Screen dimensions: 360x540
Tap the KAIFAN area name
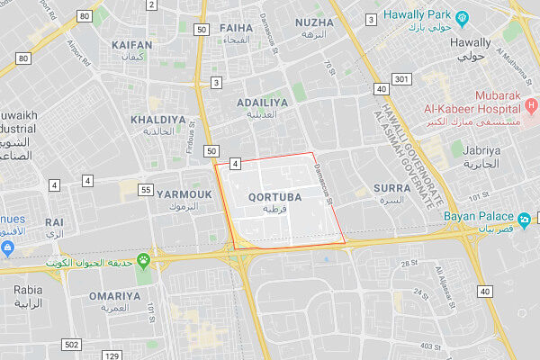coord(131,43)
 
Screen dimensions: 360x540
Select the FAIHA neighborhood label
coord(236,28)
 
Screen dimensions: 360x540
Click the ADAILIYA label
coord(262,103)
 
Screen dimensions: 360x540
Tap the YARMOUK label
coord(184,193)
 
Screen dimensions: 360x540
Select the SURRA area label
coord(391,189)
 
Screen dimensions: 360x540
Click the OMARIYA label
coord(114,295)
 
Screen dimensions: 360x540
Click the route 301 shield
coord(401,79)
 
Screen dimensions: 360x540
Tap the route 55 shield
coord(146,189)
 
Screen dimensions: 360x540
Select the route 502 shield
coord(72,345)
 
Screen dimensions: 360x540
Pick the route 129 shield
coord(112,356)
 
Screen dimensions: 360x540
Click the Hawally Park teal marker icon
coord(462,16)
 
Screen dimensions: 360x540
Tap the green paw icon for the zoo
coord(142,261)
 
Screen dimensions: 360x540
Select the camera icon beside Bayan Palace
coord(524,218)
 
